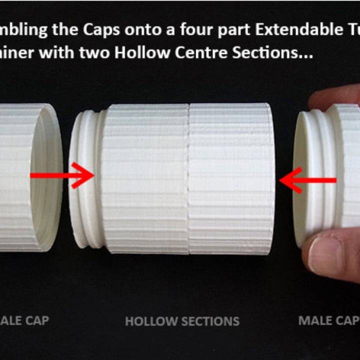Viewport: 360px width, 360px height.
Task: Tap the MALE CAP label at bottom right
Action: (328, 320)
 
